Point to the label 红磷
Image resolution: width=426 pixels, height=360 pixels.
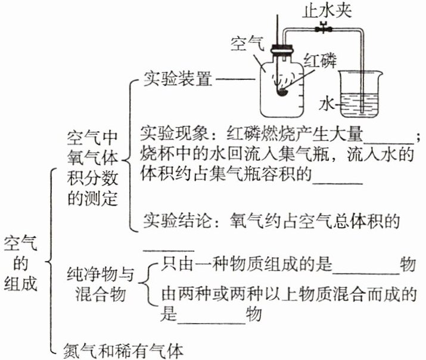click(321, 60)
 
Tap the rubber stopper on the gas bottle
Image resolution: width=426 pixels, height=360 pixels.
click(279, 52)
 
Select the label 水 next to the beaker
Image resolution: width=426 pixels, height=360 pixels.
click(327, 103)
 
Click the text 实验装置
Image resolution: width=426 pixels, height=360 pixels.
click(178, 79)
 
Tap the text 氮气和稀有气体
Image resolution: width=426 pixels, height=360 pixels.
click(123, 349)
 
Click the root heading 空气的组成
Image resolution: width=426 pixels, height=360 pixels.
click(21, 262)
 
